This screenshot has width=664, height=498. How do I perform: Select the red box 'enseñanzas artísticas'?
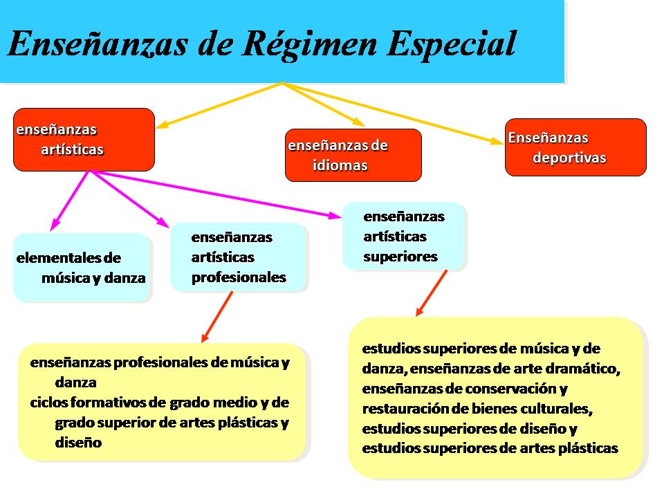tap(84, 140)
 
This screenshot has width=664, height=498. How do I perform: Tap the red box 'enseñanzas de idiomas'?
tap(353, 156)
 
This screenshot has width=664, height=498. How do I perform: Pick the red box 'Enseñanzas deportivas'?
tap(575, 147)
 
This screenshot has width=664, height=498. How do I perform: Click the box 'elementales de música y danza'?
tap(82, 268)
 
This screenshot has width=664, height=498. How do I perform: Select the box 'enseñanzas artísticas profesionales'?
tap(239, 257)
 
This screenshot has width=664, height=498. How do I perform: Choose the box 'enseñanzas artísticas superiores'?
tap(404, 237)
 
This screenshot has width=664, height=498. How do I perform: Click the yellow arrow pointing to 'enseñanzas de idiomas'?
tap(324, 104)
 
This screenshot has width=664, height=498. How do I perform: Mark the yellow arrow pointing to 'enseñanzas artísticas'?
tap(219, 105)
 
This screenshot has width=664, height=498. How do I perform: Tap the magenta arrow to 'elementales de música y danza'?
tap(70, 201)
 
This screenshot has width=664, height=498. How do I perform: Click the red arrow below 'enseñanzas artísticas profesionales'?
tap(216, 317)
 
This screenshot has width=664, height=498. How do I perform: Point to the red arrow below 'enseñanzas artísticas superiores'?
tap(431, 293)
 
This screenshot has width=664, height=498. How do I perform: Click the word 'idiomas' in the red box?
tap(340, 165)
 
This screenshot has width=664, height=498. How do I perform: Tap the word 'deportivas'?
tap(569, 158)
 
